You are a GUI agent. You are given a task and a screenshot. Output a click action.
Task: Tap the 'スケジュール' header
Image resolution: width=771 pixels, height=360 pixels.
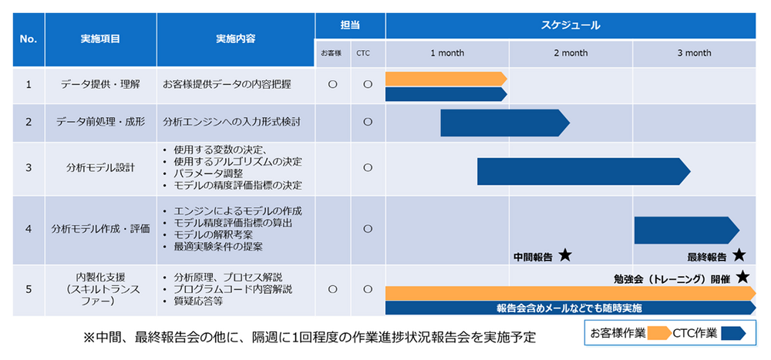click(x=571, y=25)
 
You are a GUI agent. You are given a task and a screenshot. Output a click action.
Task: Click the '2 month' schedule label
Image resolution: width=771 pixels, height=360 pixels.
click(x=571, y=53)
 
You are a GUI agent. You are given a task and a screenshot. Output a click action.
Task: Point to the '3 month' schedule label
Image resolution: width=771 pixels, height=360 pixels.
click(x=694, y=53)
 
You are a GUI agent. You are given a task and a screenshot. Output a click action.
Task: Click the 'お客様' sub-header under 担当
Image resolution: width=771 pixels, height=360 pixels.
click(x=332, y=53)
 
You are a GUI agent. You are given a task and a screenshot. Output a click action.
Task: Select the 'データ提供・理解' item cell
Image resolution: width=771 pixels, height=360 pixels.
click(x=100, y=85)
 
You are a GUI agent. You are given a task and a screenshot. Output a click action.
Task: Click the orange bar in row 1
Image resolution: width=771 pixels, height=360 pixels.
click(x=446, y=78)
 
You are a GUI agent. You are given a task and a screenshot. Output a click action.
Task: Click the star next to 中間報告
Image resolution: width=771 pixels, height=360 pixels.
click(x=565, y=256)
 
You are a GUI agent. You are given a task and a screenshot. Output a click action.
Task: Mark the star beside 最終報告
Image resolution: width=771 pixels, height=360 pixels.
click(x=739, y=256)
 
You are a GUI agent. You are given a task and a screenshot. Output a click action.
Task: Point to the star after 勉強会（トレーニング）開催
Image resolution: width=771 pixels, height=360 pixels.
click(x=743, y=277)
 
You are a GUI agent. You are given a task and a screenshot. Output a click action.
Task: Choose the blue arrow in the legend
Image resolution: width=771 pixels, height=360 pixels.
click(x=734, y=333)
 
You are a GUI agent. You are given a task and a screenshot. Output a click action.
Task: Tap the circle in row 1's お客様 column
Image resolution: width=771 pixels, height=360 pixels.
click(x=332, y=85)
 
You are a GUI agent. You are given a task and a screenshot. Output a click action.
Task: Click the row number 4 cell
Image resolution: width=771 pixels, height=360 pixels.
click(x=29, y=229)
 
